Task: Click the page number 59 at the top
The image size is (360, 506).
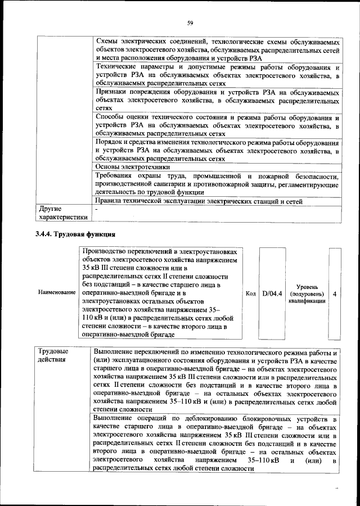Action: tap(190, 22)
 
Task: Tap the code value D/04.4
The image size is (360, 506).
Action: tap(272, 293)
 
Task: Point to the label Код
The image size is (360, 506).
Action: tap(251, 293)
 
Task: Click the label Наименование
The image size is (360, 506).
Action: tap(57, 293)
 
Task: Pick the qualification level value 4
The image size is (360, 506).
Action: tap(335, 293)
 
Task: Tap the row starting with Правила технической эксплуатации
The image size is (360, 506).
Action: tap(199, 201)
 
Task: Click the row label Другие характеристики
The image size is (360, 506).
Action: tap(62, 214)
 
